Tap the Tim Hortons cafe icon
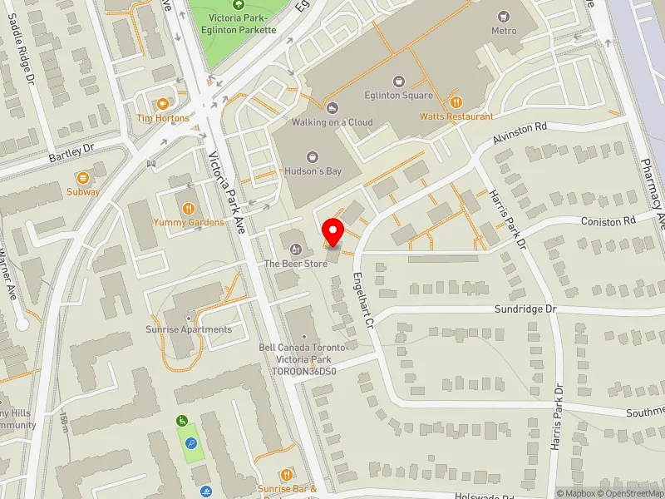[162, 104]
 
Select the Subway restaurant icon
[83, 178]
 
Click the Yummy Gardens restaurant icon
[189, 208]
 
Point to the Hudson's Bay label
[313, 171]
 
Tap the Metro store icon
[503, 17]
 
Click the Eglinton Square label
[400, 95]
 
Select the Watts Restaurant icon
[456, 102]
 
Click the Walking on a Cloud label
[332, 122]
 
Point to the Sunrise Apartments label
[189, 329]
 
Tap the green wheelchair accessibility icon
[182, 422]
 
